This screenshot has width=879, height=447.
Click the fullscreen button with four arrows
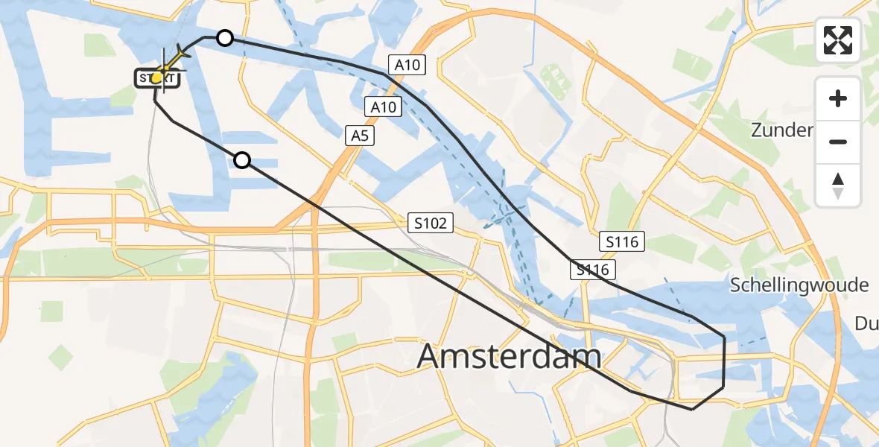(x=838, y=40)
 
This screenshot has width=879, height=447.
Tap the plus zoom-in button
(x=838, y=98)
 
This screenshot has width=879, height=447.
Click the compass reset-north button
(x=838, y=186)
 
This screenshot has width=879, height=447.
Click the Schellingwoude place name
(x=799, y=285)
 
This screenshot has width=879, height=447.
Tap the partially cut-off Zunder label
(x=781, y=130)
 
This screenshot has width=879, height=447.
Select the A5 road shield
(x=359, y=135)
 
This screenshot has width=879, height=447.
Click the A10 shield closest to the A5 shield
(x=384, y=107)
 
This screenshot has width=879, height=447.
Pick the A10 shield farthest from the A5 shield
(x=407, y=65)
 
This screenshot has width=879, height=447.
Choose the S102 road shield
(x=431, y=222)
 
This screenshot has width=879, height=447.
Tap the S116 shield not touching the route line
(x=621, y=241)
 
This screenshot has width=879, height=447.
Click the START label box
(x=156, y=77)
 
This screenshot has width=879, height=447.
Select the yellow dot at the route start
(x=157, y=77)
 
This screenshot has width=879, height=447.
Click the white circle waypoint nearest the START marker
(x=224, y=38)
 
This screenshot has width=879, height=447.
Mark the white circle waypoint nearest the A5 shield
(x=242, y=159)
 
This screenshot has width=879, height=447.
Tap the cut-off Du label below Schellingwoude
(x=866, y=323)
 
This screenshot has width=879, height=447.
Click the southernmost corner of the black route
(x=692, y=409)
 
